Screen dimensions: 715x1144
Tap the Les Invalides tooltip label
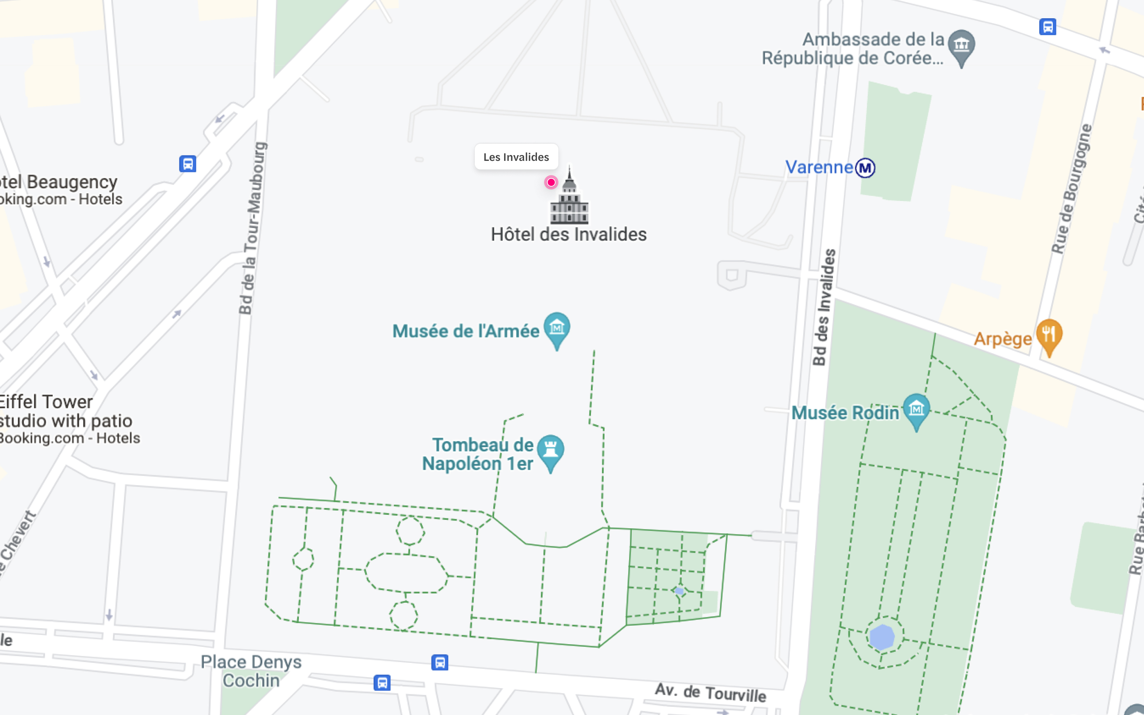516,157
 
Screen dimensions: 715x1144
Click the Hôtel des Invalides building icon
569,199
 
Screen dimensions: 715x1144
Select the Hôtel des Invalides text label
568,235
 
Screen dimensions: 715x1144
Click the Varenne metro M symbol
865,168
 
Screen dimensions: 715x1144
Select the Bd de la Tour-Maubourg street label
252,228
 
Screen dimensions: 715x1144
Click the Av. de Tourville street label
710,692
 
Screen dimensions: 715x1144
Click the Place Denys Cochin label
251,671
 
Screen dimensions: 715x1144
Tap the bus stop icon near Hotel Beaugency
188,164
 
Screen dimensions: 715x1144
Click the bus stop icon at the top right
1047,26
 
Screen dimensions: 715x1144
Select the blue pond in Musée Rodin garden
882,637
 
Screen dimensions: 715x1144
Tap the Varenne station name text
819,167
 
